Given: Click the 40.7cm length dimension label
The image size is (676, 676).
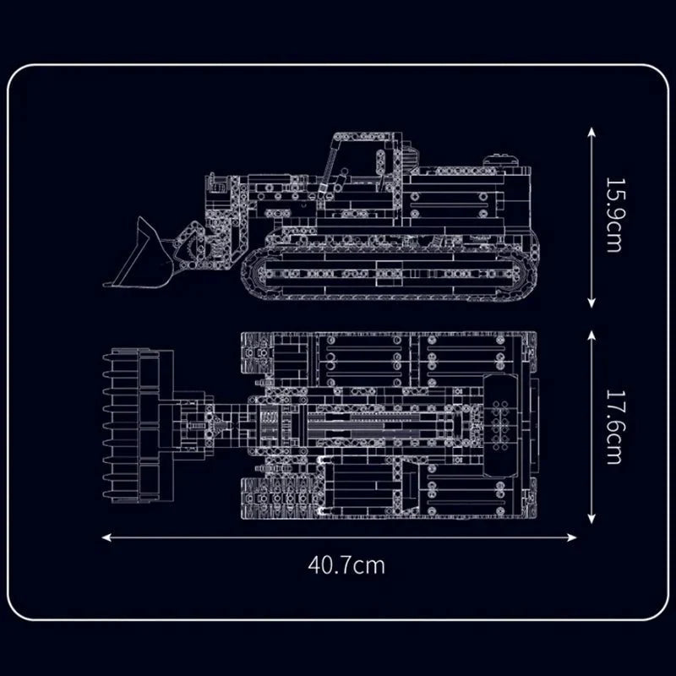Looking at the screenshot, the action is click(x=346, y=565).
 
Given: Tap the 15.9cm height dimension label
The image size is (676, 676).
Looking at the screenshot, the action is click(x=614, y=215).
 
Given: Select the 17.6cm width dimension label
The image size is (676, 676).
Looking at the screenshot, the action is click(x=614, y=428).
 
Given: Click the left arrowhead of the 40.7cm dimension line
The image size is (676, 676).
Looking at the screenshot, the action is click(x=106, y=537).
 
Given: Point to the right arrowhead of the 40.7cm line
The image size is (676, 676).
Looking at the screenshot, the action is click(x=572, y=537).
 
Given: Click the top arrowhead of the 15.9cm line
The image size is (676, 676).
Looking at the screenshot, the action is click(x=591, y=132).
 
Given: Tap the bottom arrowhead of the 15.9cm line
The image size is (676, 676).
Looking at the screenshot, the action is click(x=591, y=303).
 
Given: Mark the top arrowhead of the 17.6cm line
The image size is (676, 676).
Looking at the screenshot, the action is click(x=591, y=335).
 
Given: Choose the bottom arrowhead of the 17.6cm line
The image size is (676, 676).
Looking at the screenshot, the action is click(x=591, y=519).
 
